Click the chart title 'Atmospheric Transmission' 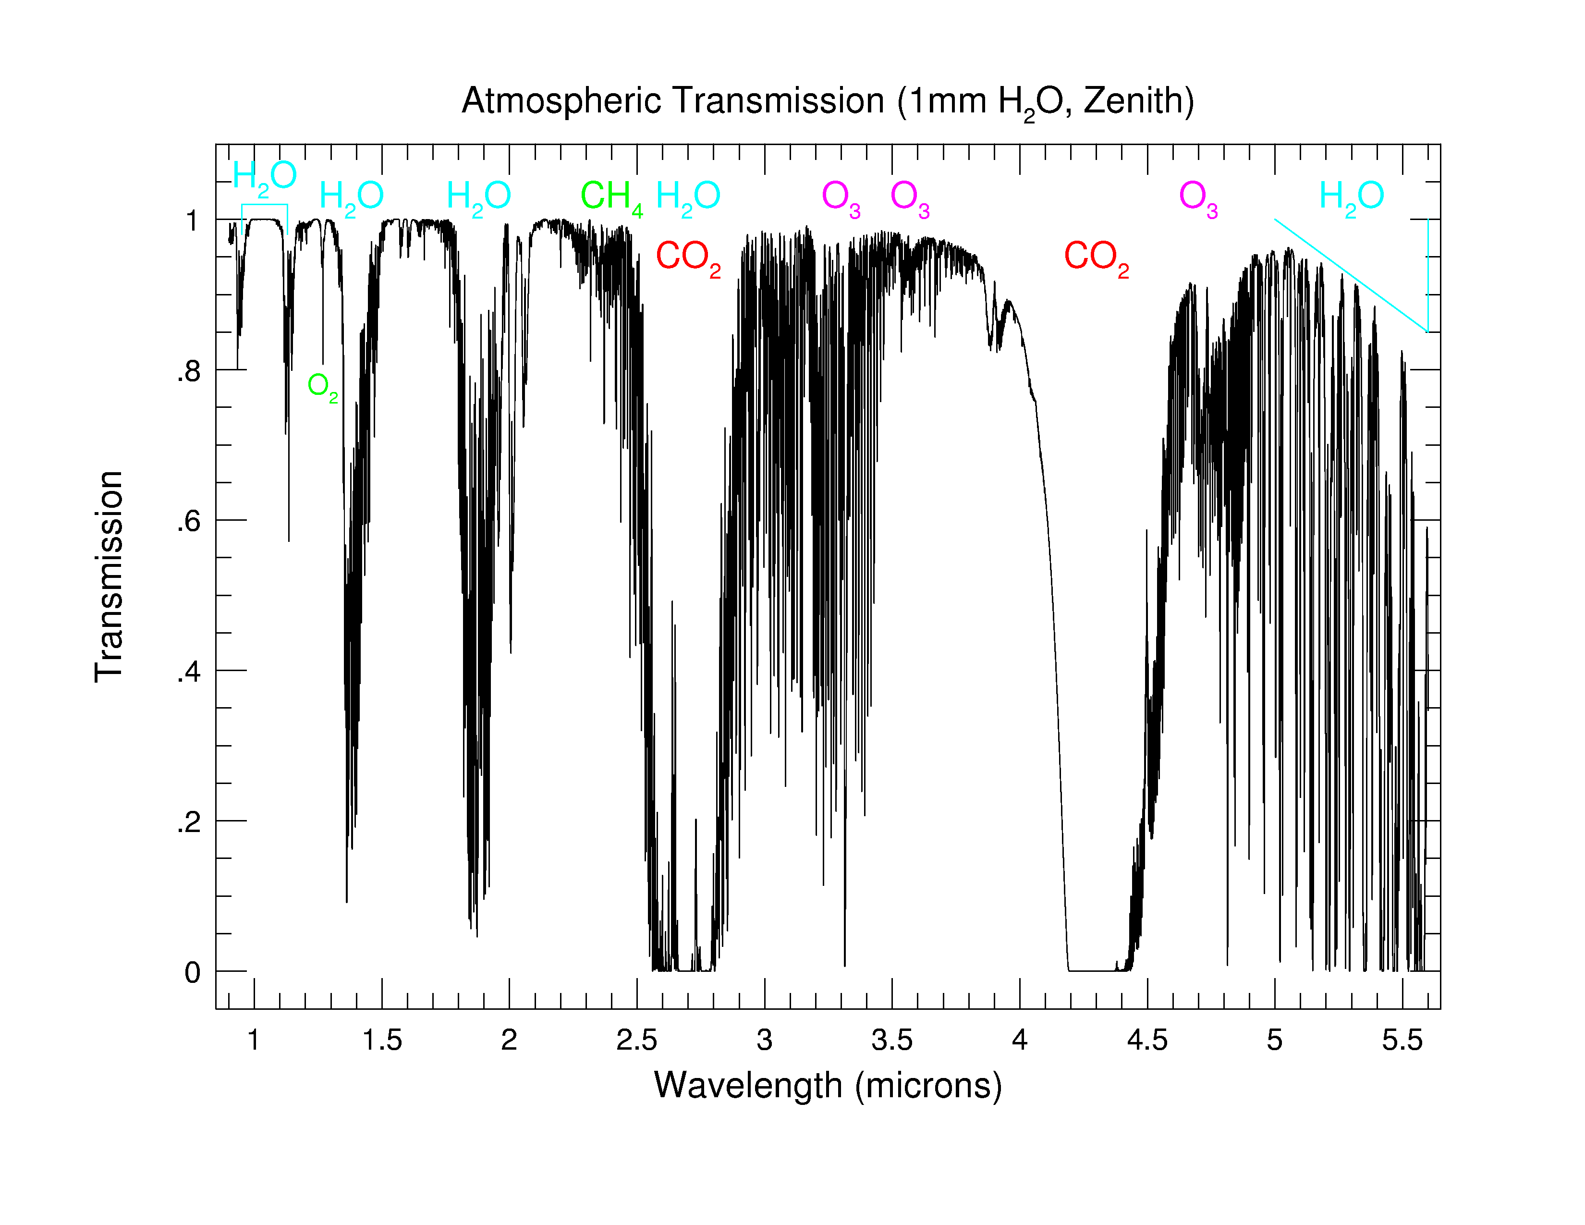coord(672,101)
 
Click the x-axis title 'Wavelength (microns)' coord(828,1086)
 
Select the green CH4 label coord(611,196)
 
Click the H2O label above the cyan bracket coord(264,176)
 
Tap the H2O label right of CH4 coord(688,196)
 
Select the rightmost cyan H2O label coord(1351,196)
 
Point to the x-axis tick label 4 coord(1020,1041)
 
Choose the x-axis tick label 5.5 coord(1402,1041)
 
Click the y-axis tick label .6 coord(189,521)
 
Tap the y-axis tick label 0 coord(192,972)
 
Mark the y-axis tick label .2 coord(189,822)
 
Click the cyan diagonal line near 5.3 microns coord(1351,276)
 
